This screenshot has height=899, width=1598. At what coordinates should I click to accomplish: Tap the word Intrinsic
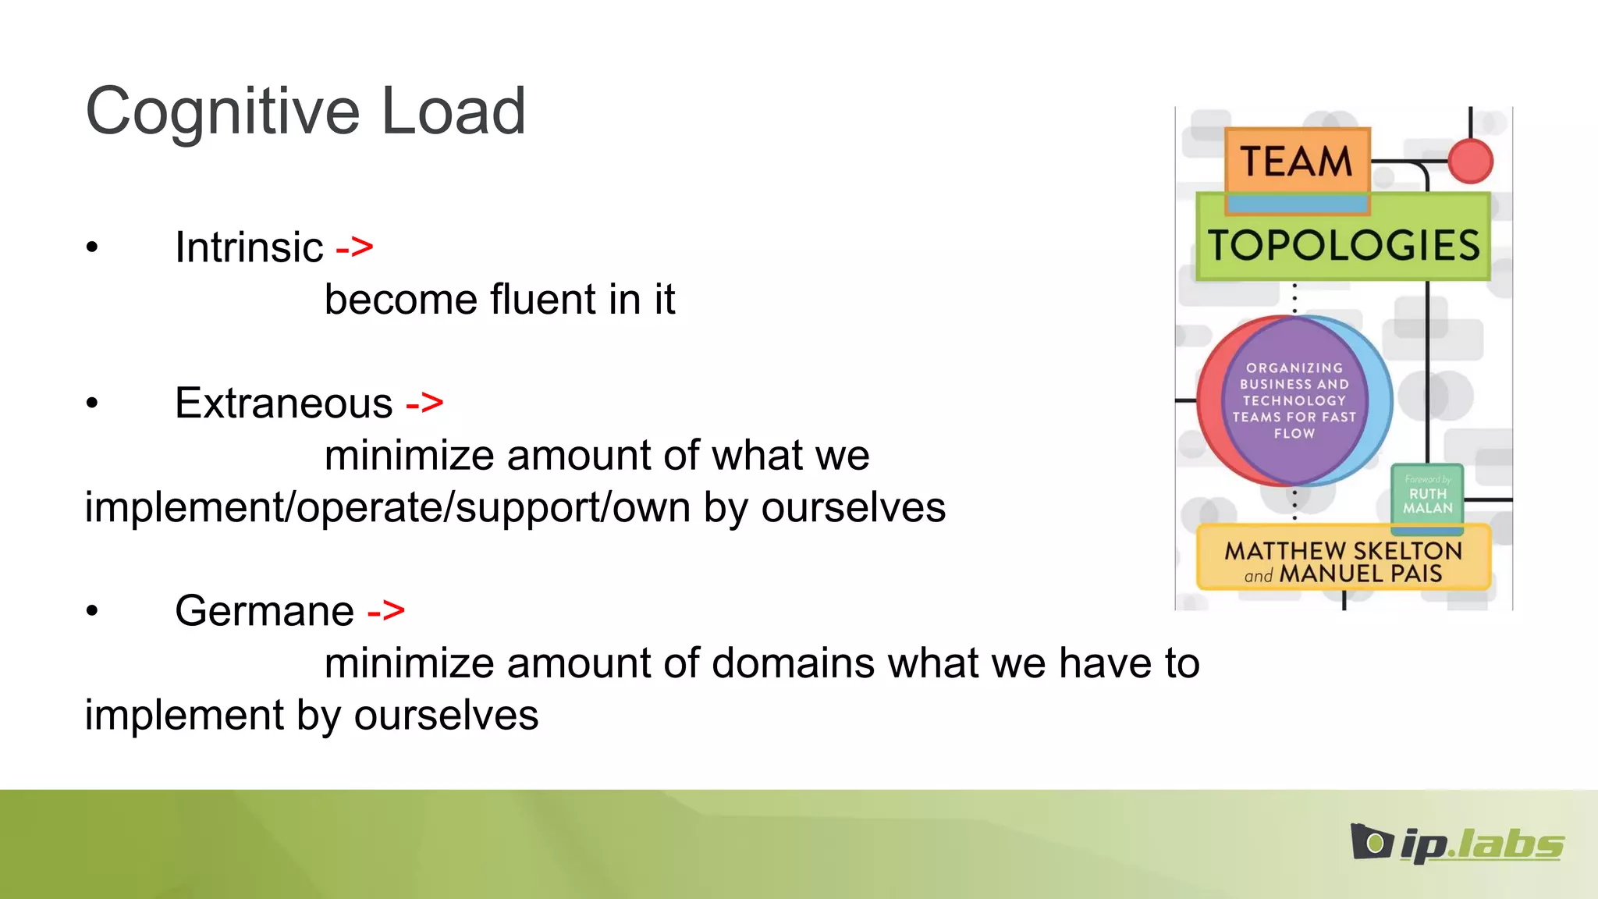pos(249,247)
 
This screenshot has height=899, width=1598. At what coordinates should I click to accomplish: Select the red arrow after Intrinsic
pos(354,247)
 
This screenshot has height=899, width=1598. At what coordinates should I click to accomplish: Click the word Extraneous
pos(283,403)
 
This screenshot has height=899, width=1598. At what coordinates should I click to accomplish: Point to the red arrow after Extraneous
pos(424,403)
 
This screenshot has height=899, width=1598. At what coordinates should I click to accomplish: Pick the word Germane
pos(265,610)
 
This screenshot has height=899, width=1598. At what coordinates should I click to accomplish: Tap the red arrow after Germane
pos(386,610)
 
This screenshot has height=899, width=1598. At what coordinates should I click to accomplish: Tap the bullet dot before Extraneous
pos(92,403)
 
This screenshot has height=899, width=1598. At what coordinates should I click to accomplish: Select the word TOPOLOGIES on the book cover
pos(1343,245)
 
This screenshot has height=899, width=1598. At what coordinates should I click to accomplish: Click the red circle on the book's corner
pos(1470,162)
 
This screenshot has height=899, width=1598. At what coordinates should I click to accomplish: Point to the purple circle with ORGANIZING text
pos(1294,400)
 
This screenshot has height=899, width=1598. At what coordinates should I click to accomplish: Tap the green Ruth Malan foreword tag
pos(1427,495)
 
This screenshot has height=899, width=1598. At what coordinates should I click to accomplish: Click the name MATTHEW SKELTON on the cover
pos(1343,550)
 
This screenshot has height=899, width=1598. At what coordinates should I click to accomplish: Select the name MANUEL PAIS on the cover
pos(1360,574)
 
